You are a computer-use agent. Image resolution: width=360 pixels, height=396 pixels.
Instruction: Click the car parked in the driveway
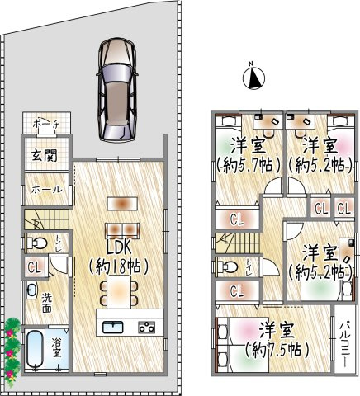116,90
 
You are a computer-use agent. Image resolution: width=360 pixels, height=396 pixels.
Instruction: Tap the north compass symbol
253,78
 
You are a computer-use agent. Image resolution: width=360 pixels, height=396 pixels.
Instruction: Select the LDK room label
119,248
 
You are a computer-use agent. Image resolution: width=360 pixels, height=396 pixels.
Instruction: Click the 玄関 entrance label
45,156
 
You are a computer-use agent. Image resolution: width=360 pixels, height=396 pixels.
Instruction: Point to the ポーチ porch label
45,125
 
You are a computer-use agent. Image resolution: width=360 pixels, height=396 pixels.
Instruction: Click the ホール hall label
46,190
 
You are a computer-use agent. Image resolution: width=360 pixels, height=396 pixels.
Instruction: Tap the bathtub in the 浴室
35,349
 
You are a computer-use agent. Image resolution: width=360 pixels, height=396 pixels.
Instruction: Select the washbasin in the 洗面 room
32,290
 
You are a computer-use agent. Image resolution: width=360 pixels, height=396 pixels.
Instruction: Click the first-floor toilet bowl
37,243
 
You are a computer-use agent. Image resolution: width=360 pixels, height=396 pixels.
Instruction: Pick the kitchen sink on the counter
113,327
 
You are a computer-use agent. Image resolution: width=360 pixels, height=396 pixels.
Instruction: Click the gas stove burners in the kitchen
146,327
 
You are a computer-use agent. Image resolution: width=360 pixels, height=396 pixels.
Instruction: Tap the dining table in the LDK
119,292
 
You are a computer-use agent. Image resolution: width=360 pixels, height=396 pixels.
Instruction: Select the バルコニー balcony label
343,344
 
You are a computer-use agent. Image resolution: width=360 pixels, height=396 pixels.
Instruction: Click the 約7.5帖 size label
277,350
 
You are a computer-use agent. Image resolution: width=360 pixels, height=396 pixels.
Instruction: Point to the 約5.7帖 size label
249,165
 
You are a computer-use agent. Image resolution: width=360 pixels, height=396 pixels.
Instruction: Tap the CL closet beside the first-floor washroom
34,267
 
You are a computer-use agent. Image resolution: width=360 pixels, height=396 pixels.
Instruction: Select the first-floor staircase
46,219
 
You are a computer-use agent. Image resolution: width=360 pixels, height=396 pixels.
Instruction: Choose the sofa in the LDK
122,230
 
